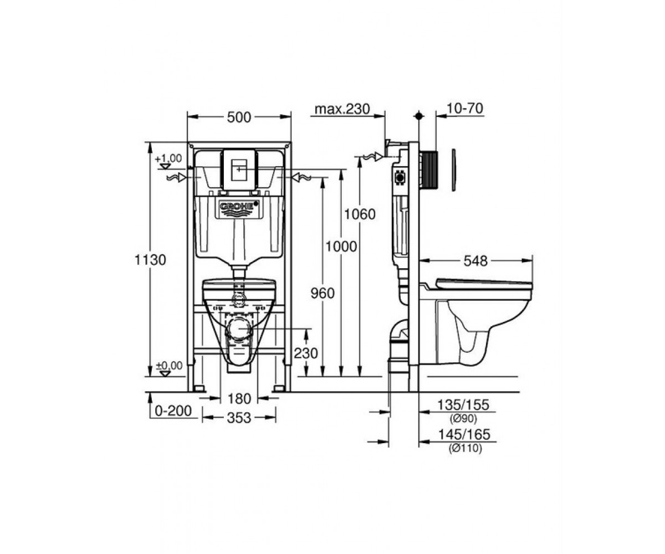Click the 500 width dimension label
pos(239,117)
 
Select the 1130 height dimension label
pos(150,260)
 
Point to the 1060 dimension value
pos(360,214)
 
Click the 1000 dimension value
pos(341,247)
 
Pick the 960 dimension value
pos(323,293)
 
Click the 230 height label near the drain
pos(306,353)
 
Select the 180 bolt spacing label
pos(239,399)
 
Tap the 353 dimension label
pos(239,418)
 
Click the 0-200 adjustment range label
pos(173,411)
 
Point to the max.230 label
pos(342,109)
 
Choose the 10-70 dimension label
pos(465,109)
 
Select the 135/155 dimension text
pos(463,405)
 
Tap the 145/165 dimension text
pos(464,434)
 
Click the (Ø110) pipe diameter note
pos(465,448)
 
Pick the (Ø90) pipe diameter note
pos(463,419)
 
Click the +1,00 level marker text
pos(168,158)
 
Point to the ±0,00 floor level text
pos(169,366)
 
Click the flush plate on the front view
pos(239,170)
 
